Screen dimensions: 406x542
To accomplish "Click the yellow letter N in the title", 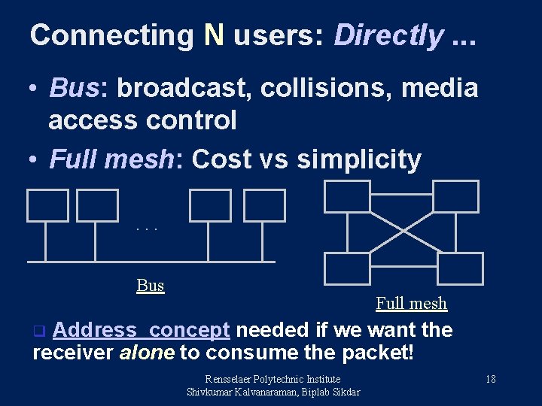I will pos(213,35).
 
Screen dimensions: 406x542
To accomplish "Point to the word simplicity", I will pos(359,159).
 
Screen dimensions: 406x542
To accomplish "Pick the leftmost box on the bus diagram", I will pos(47,205).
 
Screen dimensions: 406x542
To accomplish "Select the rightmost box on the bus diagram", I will pos(265,205).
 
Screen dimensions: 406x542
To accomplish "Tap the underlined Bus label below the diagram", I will pos(151,286).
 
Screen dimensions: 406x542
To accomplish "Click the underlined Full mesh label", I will pos(411,304).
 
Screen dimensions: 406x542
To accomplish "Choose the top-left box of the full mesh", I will pos(346,195).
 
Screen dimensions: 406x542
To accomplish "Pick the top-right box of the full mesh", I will pos(455,195).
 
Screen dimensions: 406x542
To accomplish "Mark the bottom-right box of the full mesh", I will pos(460,268).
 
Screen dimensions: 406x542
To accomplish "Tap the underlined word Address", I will pos(99,330).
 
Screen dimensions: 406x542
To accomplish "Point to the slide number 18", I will pos(490,379).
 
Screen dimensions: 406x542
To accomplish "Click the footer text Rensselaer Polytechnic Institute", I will pos(273,379).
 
